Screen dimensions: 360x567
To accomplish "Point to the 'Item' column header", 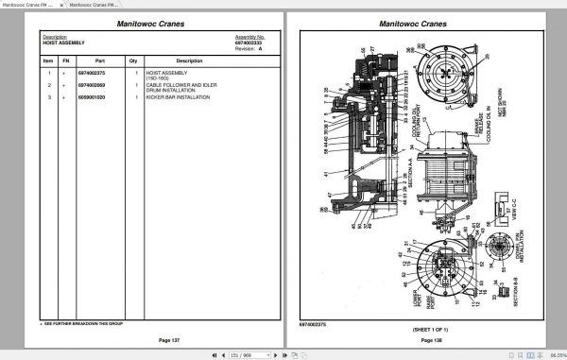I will [x=47, y=60].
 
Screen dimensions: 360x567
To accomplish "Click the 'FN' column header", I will [x=65, y=60].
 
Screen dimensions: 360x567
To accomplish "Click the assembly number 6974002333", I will [x=249, y=43].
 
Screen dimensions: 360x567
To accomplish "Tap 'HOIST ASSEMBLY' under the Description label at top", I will [x=63, y=43].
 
